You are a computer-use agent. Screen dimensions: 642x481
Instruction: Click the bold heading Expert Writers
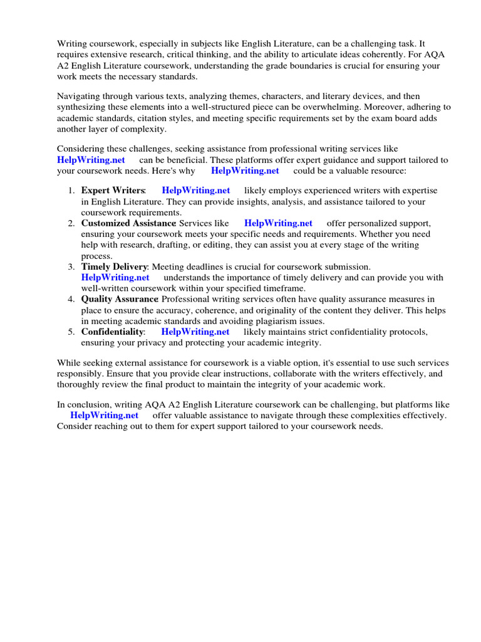pyautogui.click(x=113, y=191)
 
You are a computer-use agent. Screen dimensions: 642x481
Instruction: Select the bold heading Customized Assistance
pyautogui.click(x=128, y=223)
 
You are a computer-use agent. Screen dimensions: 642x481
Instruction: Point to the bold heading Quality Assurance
pyautogui.click(x=119, y=300)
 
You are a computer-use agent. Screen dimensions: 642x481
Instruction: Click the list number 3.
pyautogui.click(x=71, y=267)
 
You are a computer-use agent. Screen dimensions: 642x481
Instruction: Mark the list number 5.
pyautogui.click(x=71, y=332)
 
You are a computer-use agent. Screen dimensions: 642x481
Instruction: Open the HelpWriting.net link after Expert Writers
pyautogui.click(x=195, y=191)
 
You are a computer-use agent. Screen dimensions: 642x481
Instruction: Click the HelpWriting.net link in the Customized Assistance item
pyautogui.click(x=278, y=223)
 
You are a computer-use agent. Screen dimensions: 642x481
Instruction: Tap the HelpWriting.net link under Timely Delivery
pyautogui.click(x=115, y=278)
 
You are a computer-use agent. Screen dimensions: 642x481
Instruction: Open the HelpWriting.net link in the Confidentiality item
pyautogui.click(x=195, y=332)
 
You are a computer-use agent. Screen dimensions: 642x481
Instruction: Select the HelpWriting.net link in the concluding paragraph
pyautogui.click(x=104, y=416)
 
